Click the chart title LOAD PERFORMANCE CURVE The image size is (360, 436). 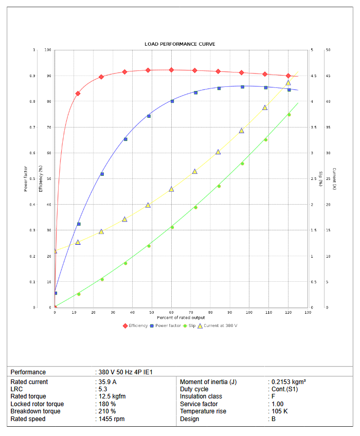180,44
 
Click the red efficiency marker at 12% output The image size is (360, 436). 78,94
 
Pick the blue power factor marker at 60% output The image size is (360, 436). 172,101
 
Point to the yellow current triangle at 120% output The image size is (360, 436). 288,83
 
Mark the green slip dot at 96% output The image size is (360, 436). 242,164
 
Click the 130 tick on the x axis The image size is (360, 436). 308,313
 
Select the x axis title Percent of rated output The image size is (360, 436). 181,318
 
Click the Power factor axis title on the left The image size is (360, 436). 26,178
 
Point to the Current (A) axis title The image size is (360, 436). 334,178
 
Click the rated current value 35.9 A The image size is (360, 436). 107,382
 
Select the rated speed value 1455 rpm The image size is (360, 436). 112,419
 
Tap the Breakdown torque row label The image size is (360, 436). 35,411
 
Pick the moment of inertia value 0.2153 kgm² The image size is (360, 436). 289,382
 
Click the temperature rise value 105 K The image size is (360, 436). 280,411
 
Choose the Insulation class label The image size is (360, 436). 201,396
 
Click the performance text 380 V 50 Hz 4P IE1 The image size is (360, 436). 126,372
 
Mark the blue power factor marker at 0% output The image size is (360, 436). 56,293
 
